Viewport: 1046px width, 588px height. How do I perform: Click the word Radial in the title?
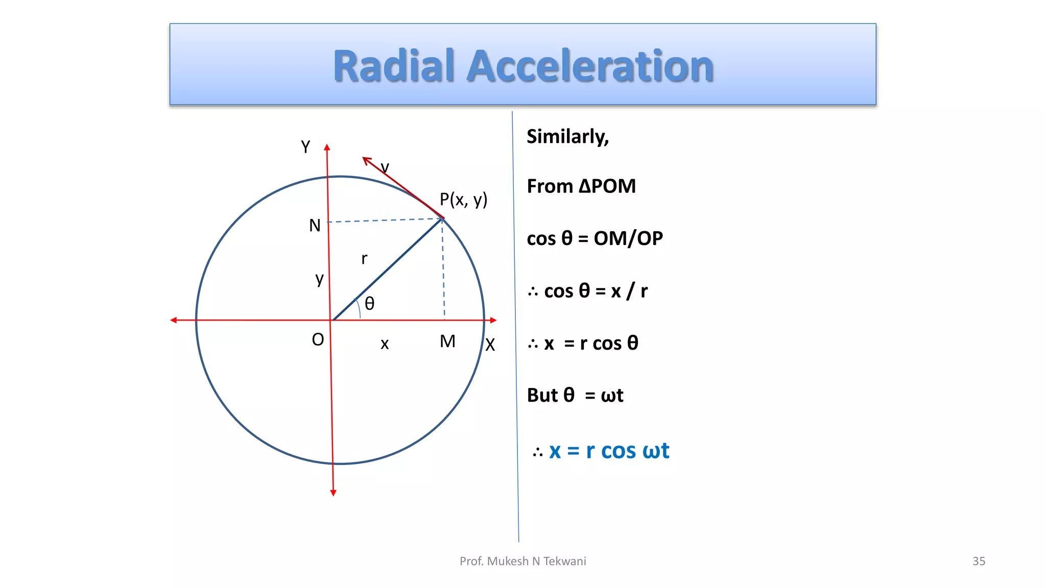pos(393,66)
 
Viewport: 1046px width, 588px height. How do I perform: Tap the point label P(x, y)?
pos(463,200)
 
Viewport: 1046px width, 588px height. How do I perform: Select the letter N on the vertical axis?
pos(315,226)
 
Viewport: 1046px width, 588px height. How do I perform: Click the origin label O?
pos(318,339)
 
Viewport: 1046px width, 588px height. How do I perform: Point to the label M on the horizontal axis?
pos(447,341)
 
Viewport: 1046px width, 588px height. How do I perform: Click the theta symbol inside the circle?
pos(370,304)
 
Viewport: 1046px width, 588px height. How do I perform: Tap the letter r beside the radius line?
pos(364,259)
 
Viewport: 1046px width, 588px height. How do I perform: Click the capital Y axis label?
pos(305,147)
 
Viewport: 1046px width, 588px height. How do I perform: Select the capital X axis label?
pos(490,345)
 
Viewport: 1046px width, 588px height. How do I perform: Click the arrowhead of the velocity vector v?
pos(366,160)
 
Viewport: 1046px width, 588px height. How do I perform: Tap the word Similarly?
pos(567,137)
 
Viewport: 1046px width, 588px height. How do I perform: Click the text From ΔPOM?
pos(581,186)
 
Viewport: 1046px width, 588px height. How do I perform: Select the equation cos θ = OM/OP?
pos(595,238)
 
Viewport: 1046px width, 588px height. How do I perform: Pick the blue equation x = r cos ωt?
pos(608,451)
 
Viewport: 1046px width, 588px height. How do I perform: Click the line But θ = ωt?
pos(575,396)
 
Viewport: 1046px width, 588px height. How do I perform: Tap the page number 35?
pos(979,561)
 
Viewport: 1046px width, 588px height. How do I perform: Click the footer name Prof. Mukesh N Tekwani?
pos(522,561)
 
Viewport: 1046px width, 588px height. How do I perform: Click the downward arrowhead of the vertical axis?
pos(333,493)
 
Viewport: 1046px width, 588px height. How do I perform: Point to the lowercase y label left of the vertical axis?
pos(320,279)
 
